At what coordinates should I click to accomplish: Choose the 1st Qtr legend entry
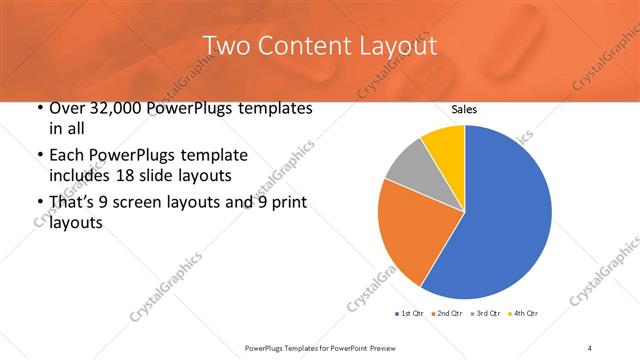tap(411, 314)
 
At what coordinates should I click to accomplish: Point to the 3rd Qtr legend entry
tap(485, 314)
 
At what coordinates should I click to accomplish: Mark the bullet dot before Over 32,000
tap(37, 108)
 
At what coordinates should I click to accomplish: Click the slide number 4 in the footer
tap(590, 347)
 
